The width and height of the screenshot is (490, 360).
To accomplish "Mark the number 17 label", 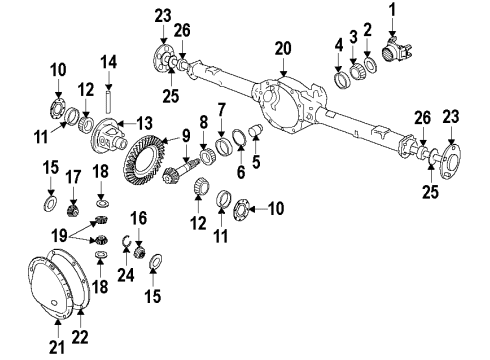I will (72, 176).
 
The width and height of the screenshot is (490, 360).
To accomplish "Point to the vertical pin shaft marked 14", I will (107, 98).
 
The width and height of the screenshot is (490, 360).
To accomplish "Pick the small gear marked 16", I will (139, 248).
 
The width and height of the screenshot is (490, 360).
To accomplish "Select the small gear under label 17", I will (72, 210).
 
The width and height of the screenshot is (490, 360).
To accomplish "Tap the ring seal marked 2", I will (370, 65).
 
